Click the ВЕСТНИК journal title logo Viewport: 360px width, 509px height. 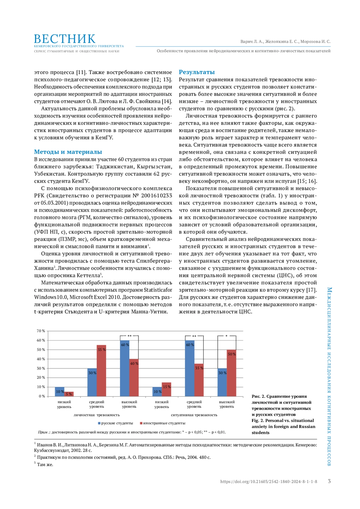point(65,39)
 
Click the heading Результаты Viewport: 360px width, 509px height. point(197,72)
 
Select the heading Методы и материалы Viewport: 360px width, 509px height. point(68,152)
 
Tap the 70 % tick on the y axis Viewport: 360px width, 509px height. point(41,331)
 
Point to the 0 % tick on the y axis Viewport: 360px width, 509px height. point(42,396)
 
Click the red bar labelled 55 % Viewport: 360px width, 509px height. point(101,371)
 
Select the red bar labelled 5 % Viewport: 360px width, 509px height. point(69,394)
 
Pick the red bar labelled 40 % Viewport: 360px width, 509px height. point(134,378)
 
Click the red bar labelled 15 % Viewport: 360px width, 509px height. point(166,389)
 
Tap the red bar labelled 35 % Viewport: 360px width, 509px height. point(199,380)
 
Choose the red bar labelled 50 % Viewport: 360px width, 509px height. point(231,373)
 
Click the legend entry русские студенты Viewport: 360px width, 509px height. point(115,423)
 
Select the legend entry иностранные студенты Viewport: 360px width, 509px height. point(162,423)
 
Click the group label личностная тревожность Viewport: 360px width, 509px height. point(97,415)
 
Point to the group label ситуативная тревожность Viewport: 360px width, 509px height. point(194,415)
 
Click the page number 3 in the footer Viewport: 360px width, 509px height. point(329,481)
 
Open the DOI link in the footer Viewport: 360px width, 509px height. point(268,482)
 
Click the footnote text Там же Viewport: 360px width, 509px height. point(45,465)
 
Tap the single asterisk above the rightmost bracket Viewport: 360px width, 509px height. point(226,336)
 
